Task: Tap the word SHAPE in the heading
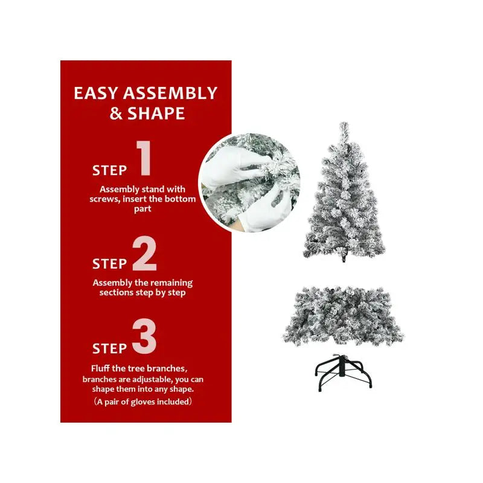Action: (x=156, y=114)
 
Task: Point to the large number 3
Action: (x=144, y=338)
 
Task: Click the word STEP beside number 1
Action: (x=110, y=171)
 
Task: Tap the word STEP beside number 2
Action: (x=110, y=264)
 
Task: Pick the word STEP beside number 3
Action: (x=110, y=349)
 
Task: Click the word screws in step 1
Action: (x=103, y=199)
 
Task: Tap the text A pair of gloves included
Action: (x=142, y=401)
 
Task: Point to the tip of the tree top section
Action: (x=344, y=125)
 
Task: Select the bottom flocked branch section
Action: (x=344, y=315)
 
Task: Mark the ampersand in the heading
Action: (x=115, y=114)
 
